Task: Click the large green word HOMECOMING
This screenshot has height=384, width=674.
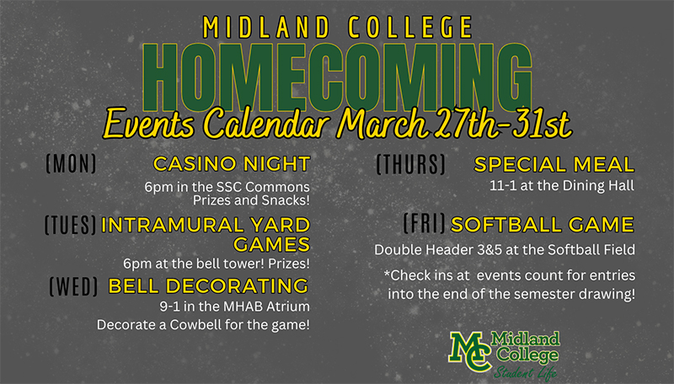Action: (x=338, y=77)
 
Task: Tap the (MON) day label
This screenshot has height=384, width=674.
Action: (x=72, y=163)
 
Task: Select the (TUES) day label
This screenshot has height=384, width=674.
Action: (x=71, y=225)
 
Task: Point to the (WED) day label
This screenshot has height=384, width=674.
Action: (x=74, y=286)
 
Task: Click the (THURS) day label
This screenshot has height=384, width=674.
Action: (x=411, y=164)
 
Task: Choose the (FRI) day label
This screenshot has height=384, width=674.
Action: (x=425, y=223)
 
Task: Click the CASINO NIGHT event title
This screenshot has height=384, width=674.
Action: (x=232, y=163)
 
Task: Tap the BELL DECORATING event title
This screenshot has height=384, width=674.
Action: (x=208, y=286)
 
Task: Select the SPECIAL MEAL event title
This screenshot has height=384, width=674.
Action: (x=554, y=164)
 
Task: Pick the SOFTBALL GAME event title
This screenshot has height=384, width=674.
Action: (x=543, y=225)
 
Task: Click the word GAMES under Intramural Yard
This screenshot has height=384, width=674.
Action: (x=271, y=244)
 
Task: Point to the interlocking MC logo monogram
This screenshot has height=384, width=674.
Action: (x=470, y=351)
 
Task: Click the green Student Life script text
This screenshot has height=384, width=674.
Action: (x=525, y=372)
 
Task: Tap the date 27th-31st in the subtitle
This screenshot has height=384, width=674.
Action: (x=502, y=124)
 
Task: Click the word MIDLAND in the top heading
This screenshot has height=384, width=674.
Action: (x=266, y=28)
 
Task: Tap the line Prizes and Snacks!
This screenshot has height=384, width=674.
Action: (x=251, y=200)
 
